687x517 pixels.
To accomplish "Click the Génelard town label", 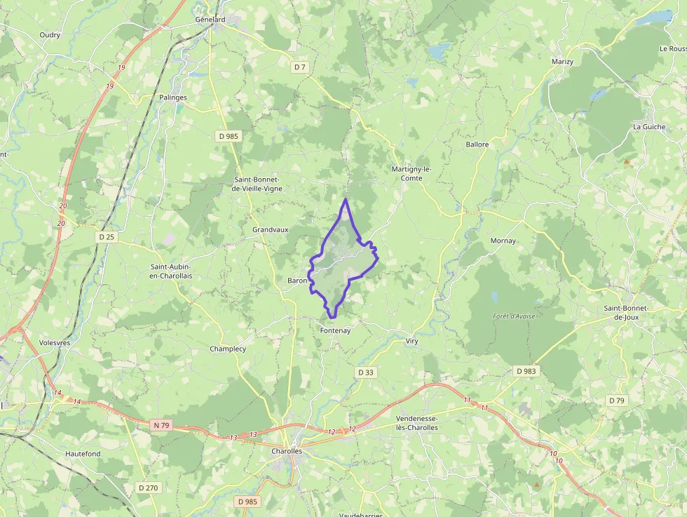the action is point(210,20).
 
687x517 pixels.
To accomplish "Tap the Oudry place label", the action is point(50,34).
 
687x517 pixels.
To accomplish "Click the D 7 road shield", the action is point(300,67).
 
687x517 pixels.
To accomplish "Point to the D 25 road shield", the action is point(107,237).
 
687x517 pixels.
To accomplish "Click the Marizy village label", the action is point(562,62).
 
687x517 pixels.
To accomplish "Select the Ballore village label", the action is point(477,145).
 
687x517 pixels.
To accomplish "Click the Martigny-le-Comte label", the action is point(411,173).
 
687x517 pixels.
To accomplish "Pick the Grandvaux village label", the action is point(271,229).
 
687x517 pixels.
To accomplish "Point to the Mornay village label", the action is point(503,241).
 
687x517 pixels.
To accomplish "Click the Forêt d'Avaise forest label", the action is point(514,316).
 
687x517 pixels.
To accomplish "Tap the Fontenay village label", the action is point(334,330).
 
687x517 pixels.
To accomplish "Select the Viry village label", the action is point(411,341).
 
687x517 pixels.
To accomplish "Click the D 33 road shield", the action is point(365,372).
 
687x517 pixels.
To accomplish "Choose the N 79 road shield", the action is point(162,424).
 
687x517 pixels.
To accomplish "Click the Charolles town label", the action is point(287,451).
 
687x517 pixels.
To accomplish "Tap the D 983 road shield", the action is point(526,370).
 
